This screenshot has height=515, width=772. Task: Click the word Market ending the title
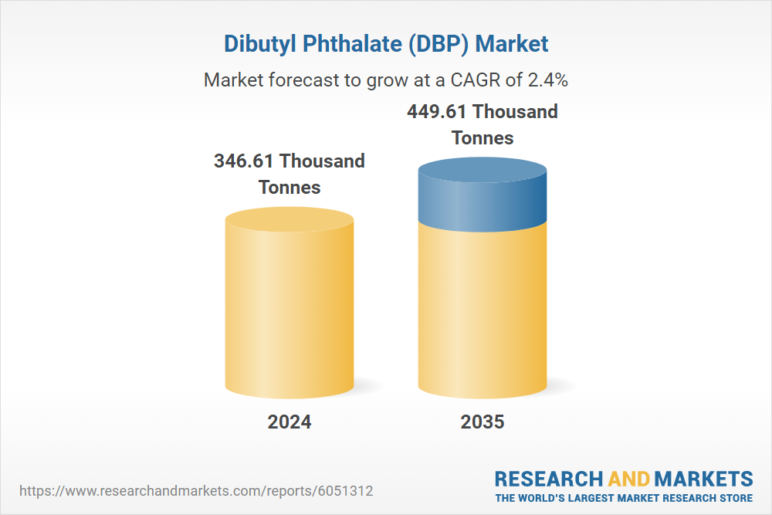[513, 43]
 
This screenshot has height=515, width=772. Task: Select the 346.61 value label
[245, 161]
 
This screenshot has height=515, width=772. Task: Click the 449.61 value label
[438, 112]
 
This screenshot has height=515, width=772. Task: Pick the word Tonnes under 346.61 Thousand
[289, 188]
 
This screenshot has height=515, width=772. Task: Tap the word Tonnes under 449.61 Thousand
[482, 138]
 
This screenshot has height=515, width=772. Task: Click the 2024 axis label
[289, 422]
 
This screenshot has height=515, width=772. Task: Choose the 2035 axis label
[482, 422]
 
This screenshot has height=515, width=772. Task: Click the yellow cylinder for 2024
[289, 309]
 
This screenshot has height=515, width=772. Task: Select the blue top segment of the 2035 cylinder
[482, 197]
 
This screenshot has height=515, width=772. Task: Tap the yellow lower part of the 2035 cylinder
[482, 309]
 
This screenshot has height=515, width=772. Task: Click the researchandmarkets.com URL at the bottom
[201, 490]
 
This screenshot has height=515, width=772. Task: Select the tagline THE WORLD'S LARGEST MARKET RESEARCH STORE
[624, 498]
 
